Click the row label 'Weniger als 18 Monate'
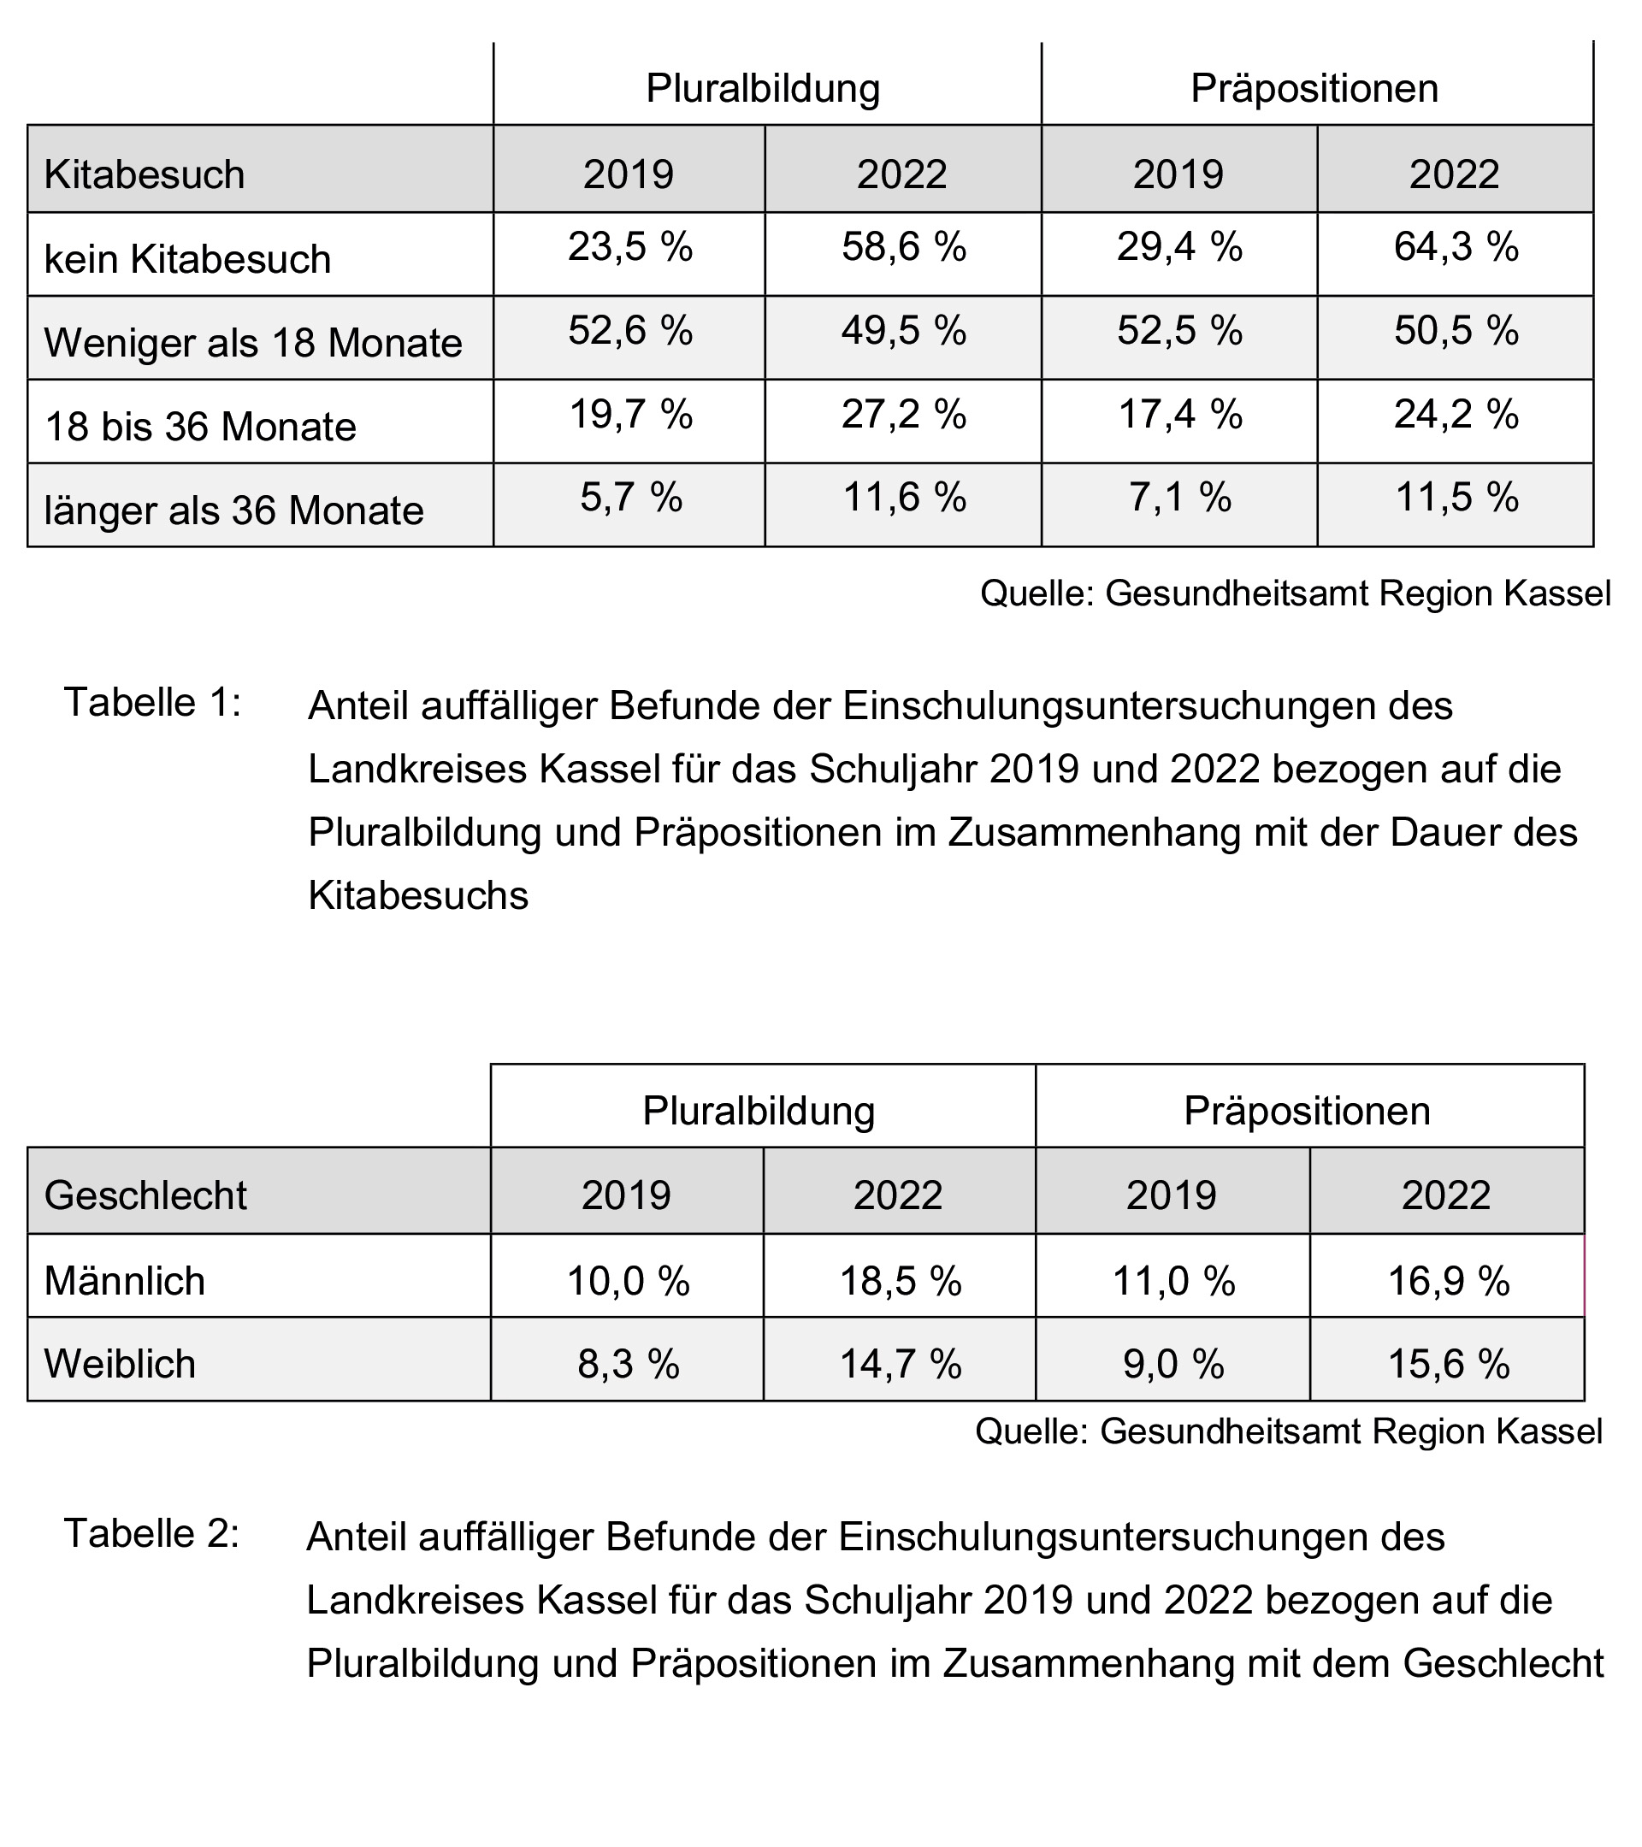coord(253,344)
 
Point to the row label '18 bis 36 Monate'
coord(201,427)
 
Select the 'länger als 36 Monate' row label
coord(234,510)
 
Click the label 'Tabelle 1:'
coord(153,703)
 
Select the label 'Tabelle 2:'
coord(152,1534)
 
